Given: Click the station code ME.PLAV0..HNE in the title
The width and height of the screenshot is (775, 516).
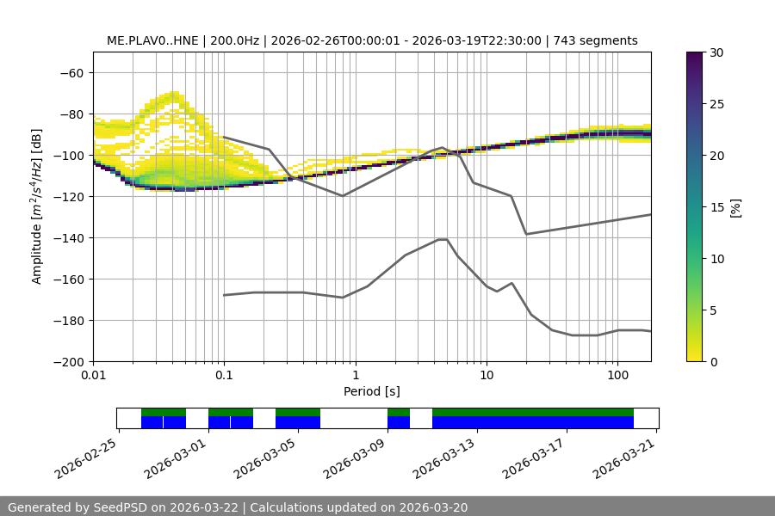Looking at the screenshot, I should [153, 40].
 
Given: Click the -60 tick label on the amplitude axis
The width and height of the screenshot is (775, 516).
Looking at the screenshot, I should [71, 72].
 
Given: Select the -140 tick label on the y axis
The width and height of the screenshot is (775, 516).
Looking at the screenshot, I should [68, 237].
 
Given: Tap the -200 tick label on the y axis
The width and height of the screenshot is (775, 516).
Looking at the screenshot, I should [68, 361].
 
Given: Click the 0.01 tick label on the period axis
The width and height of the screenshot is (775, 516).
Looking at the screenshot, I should [93, 376].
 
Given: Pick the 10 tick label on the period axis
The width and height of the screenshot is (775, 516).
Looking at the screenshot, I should [487, 376].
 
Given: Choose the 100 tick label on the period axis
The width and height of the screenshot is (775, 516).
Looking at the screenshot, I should [617, 376].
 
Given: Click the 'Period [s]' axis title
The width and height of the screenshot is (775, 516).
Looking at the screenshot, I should [372, 391].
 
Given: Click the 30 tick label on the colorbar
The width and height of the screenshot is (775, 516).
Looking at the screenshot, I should [716, 52].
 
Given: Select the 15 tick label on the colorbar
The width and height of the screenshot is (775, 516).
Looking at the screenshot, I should [716, 207].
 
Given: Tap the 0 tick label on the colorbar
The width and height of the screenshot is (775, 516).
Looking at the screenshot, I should [712, 361].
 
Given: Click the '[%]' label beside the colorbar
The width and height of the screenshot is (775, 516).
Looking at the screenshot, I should [735, 207].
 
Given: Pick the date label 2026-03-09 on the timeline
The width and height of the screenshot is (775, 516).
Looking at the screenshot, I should [355, 458].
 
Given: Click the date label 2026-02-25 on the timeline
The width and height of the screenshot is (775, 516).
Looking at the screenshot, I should [85, 458].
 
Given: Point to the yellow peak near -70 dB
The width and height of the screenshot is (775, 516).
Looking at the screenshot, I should [175, 95].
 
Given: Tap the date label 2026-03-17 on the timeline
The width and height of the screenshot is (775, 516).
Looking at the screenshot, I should [535, 458].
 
